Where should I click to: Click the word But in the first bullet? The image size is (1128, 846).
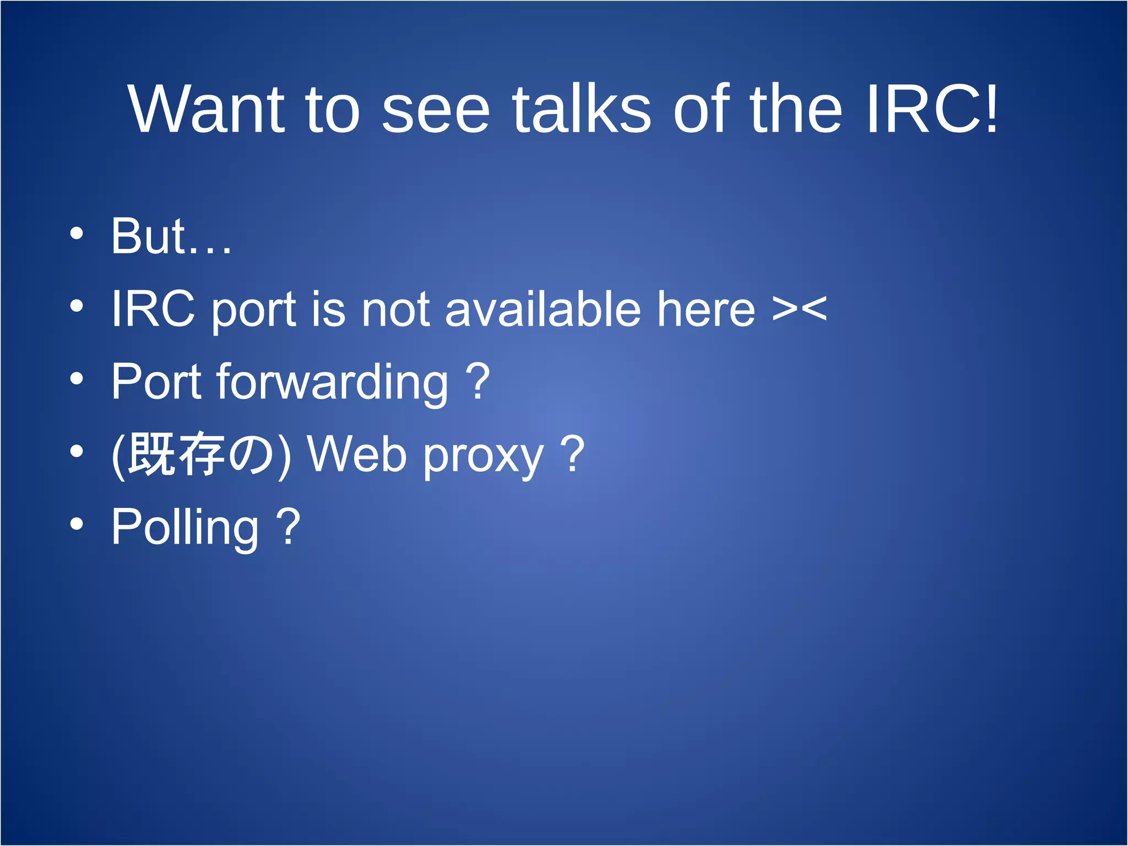click(149, 236)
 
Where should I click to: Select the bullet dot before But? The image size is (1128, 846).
click(77, 234)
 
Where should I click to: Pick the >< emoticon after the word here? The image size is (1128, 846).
click(799, 308)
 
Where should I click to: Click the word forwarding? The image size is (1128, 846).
click(333, 383)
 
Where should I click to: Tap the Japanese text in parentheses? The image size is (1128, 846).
click(200, 454)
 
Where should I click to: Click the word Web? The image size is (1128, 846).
click(357, 454)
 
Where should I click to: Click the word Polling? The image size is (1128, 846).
click(185, 528)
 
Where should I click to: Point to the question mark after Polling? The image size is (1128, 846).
click(288, 527)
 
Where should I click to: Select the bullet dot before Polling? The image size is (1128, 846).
click(77, 524)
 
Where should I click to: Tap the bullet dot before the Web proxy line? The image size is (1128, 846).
click(77, 452)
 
